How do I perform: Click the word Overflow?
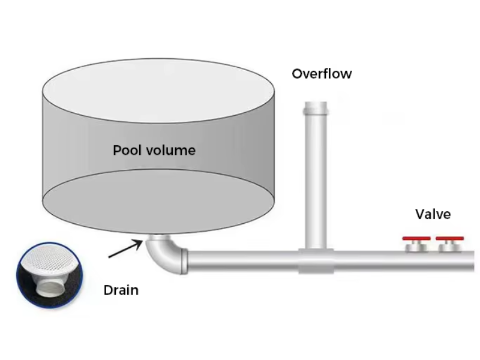tap(322, 74)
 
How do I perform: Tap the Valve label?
tap(433, 214)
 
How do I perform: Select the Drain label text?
tap(121, 290)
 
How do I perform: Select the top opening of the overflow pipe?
tap(316, 103)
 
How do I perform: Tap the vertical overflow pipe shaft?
tap(316, 180)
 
